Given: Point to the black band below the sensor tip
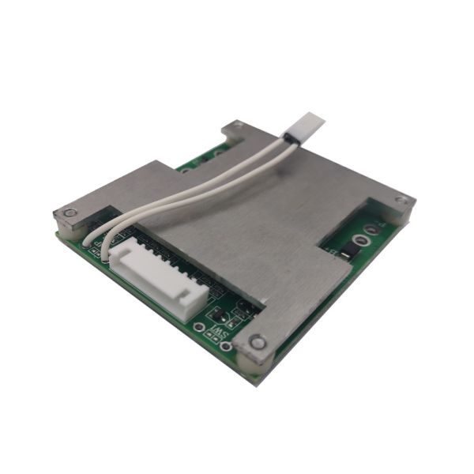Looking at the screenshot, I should pos(290,139).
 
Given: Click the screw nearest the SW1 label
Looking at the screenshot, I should pos(255,342).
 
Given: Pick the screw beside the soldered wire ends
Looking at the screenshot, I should pos(70,213).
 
